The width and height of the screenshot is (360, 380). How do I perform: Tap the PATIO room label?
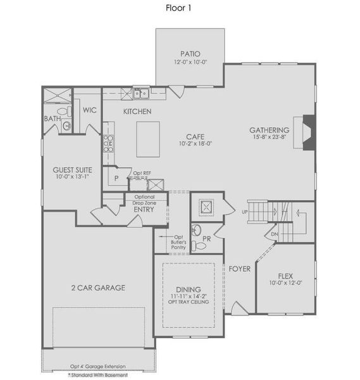coord(190,54)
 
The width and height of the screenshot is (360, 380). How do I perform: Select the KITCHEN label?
coord(137,111)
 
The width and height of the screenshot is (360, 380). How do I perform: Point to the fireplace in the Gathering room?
coord(308,133)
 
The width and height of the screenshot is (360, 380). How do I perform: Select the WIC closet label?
coord(89,110)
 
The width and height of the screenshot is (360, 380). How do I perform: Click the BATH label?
coord(52,118)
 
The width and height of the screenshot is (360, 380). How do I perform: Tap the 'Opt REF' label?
coord(141,172)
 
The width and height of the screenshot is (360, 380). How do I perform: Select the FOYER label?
coord(240,269)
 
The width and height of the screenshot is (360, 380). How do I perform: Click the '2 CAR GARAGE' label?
coord(97,288)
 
